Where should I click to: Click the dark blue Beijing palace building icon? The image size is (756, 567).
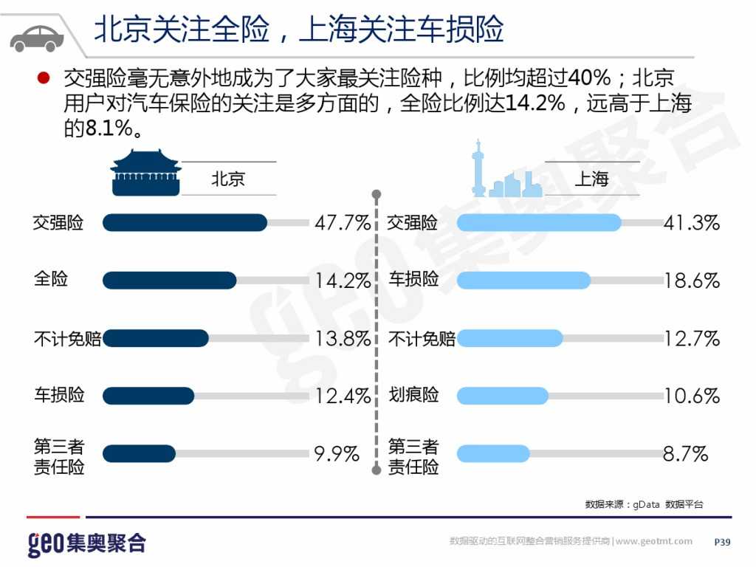click(145, 173)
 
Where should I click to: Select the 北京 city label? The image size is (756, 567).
click(227, 179)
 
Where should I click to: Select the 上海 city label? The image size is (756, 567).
click(591, 179)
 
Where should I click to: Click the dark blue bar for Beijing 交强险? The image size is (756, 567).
click(185, 223)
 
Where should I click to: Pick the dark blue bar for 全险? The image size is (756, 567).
click(169, 281)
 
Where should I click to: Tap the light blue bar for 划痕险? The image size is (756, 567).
click(503, 396)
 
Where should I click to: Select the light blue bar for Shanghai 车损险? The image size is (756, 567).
click(523, 281)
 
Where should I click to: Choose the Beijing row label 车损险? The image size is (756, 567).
click(59, 395)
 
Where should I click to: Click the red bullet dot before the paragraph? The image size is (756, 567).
click(44, 78)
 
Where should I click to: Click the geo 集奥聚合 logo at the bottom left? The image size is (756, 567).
click(86, 544)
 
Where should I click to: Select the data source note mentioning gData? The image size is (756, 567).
click(644, 504)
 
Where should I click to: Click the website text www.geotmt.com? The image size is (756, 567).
click(654, 542)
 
